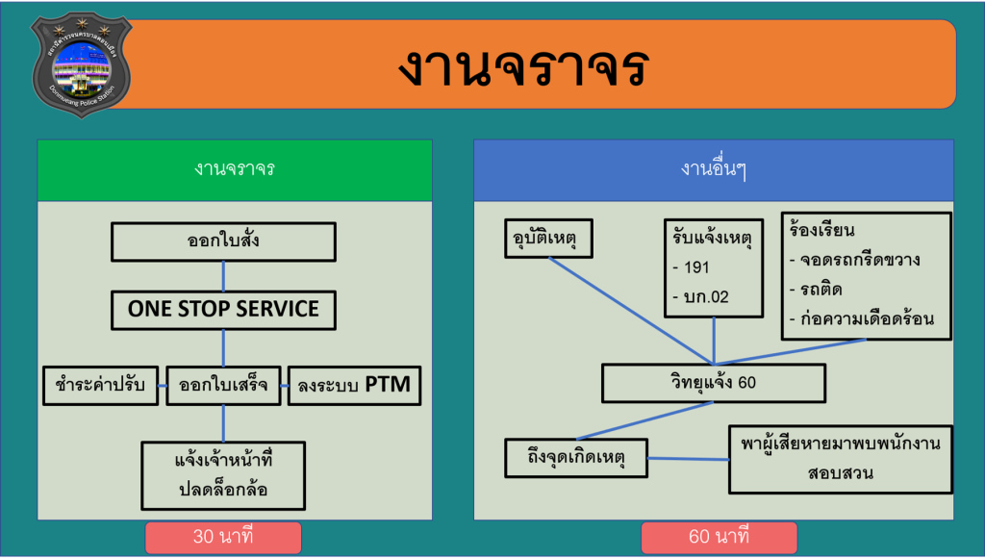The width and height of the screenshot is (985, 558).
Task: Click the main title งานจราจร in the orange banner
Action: [x=523, y=66]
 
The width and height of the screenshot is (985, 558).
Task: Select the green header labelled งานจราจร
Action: [x=235, y=169]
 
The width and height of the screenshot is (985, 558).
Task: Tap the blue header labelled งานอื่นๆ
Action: [x=713, y=169]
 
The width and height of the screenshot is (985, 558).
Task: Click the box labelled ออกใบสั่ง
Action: [x=223, y=241]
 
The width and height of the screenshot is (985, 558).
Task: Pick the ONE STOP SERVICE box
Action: [x=223, y=310]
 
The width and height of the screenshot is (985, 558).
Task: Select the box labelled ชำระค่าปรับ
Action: [x=100, y=386]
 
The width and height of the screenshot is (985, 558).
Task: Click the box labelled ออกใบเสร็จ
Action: [x=223, y=386]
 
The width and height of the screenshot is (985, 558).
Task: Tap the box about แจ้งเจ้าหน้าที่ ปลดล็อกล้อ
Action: [x=223, y=475]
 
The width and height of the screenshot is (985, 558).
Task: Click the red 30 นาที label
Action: [x=223, y=537]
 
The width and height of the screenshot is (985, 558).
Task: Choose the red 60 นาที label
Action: [x=719, y=537]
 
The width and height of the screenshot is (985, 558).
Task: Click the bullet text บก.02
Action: [x=705, y=297]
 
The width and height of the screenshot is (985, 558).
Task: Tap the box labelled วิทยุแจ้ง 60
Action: [x=713, y=384]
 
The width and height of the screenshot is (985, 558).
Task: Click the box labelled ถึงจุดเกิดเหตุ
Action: [x=576, y=457]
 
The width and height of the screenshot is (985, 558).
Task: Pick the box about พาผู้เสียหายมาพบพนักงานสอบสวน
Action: [x=840, y=459]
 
